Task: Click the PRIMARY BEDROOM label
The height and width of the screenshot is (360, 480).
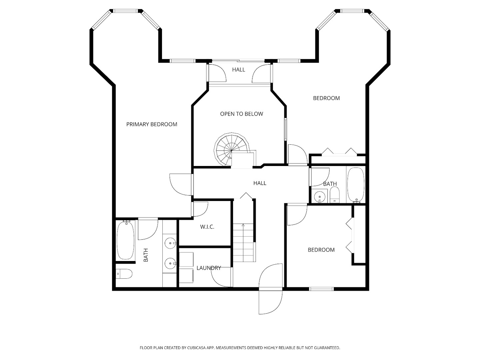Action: tap(152, 124)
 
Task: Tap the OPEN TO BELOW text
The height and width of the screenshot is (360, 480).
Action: tap(241, 114)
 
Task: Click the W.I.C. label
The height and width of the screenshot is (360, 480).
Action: tap(207, 227)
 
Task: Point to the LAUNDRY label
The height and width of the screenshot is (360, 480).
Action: tap(209, 268)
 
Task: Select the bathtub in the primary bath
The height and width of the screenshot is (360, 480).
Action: tap(126, 240)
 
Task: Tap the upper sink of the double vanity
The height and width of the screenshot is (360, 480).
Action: tap(171, 243)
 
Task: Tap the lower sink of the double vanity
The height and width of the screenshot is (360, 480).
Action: tap(171, 263)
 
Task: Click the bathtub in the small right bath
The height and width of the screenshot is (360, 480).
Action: tap(356, 185)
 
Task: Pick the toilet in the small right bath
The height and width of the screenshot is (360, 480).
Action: tap(334, 195)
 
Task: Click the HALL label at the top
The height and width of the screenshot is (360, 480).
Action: tap(239, 70)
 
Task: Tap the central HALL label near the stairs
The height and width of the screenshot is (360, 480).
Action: tap(260, 183)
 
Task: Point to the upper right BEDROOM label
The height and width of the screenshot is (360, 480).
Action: tap(326, 98)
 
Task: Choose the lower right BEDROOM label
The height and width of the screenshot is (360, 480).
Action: tap(321, 250)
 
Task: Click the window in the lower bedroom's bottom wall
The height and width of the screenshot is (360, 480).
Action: tap(321, 289)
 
